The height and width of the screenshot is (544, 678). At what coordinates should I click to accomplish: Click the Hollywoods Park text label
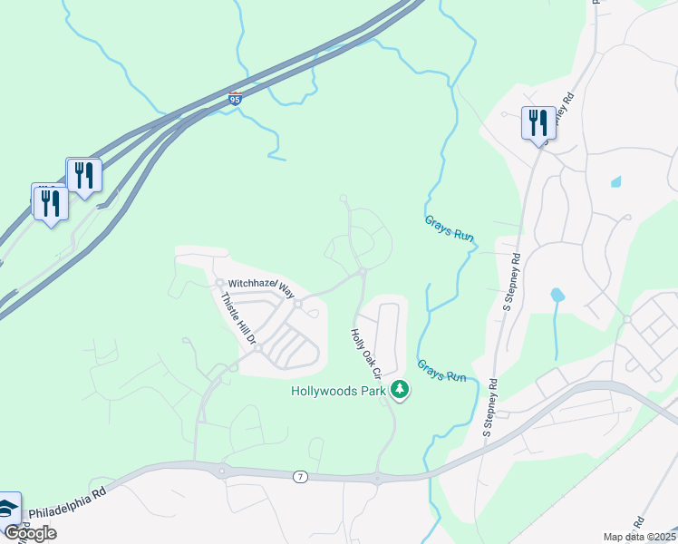click(339, 392)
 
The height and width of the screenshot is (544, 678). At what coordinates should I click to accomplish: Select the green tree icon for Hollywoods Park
click(400, 391)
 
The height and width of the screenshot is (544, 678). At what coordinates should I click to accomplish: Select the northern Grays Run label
click(450, 228)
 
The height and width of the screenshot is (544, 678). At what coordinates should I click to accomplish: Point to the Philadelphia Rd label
click(67, 505)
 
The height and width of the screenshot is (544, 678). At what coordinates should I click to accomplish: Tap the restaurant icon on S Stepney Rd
click(538, 122)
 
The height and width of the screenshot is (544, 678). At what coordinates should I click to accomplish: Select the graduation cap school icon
click(8, 509)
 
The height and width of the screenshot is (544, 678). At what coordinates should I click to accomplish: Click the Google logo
click(30, 533)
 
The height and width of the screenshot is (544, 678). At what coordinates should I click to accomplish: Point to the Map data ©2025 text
click(640, 537)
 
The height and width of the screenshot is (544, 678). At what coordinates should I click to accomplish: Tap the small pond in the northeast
click(616, 181)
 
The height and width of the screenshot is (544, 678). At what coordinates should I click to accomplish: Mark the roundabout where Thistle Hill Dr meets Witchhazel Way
click(220, 283)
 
